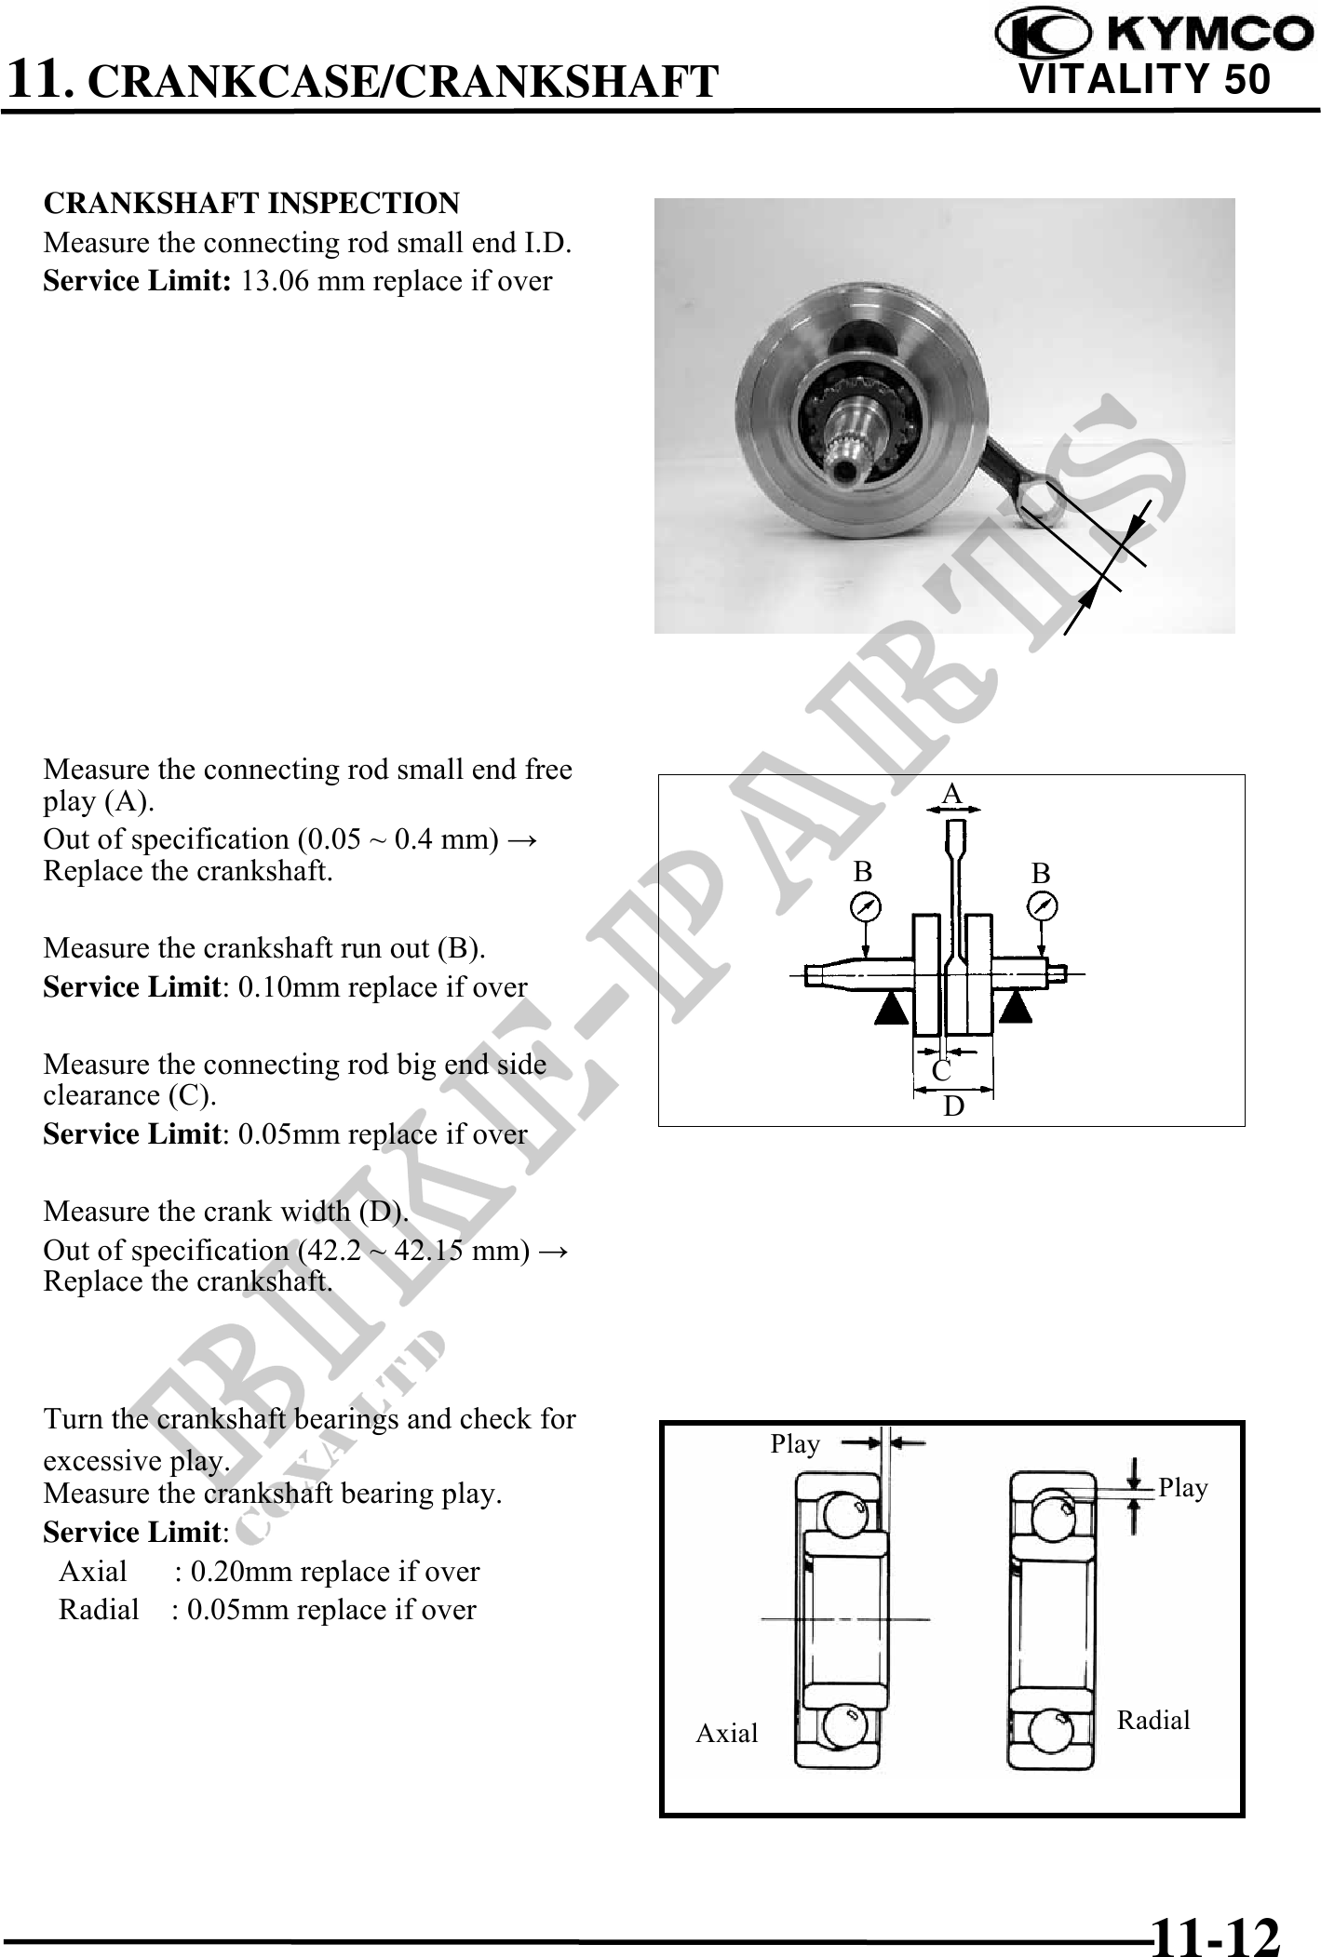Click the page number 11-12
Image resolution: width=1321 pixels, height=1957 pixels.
[x=1216, y=1931]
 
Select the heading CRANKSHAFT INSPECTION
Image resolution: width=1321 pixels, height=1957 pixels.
[x=251, y=203]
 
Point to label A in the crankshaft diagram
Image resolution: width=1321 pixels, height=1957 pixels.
[x=950, y=794]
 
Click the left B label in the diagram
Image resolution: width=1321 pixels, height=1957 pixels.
[x=863, y=872]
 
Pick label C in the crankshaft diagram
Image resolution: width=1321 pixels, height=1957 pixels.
[x=941, y=1072]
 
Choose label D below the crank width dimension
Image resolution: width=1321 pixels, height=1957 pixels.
[x=954, y=1106]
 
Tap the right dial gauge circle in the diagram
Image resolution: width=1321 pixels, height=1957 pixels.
[x=1043, y=906]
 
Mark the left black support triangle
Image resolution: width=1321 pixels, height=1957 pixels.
[x=892, y=1008]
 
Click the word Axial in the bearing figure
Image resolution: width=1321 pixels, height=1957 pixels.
[x=727, y=1733]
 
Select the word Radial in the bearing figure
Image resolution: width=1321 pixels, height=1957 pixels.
[x=1153, y=1720]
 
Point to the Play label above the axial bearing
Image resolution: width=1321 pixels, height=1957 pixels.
[x=795, y=1444]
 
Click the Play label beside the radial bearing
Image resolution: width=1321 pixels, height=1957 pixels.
[x=1183, y=1488]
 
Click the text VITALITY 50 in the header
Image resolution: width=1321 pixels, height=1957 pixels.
[x=1145, y=80]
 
